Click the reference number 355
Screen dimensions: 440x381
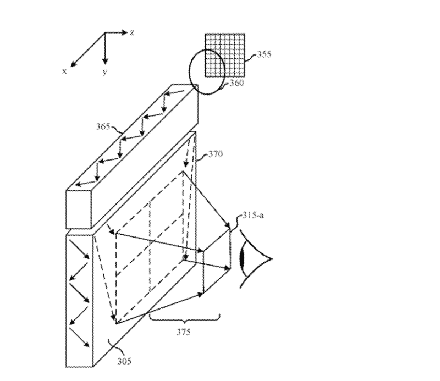tap(265, 54)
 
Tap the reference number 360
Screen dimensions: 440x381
tap(237, 83)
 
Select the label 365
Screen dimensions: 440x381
tap(103, 126)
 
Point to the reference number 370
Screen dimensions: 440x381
tap(216, 154)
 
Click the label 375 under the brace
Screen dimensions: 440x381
tap(184, 332)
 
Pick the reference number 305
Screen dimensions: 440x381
tap(124, 361)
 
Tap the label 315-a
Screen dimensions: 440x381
tap(253, 215)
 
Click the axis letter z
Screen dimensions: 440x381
tap(132, 32)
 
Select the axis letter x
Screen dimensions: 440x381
tap(64, 71)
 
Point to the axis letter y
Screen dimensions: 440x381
tap(105, 72)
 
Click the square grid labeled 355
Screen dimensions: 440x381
tap(225, 55)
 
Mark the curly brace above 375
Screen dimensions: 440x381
tap(185, 318)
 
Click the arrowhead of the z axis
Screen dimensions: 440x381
tap(125, 32)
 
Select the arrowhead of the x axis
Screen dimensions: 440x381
tap(74, 64)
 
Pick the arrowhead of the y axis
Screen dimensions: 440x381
tap(105, 60)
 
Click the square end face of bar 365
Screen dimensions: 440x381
tap(79, 210)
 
